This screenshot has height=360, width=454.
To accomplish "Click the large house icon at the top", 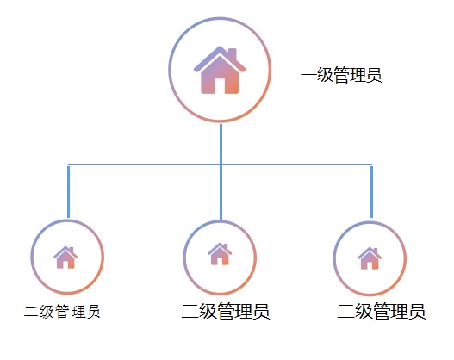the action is [x=220, y=70].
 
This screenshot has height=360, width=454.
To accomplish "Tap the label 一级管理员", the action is [x=341, y=75].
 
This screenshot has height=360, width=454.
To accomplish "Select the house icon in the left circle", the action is [x=65, y=258].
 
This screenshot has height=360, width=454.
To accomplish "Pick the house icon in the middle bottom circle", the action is [x=220, y=254].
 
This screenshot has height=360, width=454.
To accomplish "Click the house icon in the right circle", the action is [x=370, y=258].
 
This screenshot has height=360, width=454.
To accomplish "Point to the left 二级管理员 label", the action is [x=62, y=312].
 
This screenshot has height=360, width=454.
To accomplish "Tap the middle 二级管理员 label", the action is [x=226, y=311].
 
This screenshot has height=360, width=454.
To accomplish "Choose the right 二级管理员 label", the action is [x=382, y=311].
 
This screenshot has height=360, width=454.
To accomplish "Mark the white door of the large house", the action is [x=220, y=85].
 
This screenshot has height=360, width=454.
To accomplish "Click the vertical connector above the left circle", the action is [x=68, y=191].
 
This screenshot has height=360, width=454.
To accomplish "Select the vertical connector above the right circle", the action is [x=371, y=191].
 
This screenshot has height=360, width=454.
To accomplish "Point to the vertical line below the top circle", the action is [x=221, y=172].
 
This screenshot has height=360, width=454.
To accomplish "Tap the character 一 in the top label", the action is [x=308, y=75].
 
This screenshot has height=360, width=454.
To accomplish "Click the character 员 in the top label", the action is [x=375, y=75].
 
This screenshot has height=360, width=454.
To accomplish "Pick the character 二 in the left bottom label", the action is [x=31, y=312].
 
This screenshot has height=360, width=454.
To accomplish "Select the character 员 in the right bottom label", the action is [x=418, y=312].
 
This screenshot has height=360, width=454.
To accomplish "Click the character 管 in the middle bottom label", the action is [x=226, y=312].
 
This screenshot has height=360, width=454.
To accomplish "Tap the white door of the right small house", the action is [x=370, y=265].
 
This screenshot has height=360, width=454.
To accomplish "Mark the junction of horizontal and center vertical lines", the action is [x=221, y=165].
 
